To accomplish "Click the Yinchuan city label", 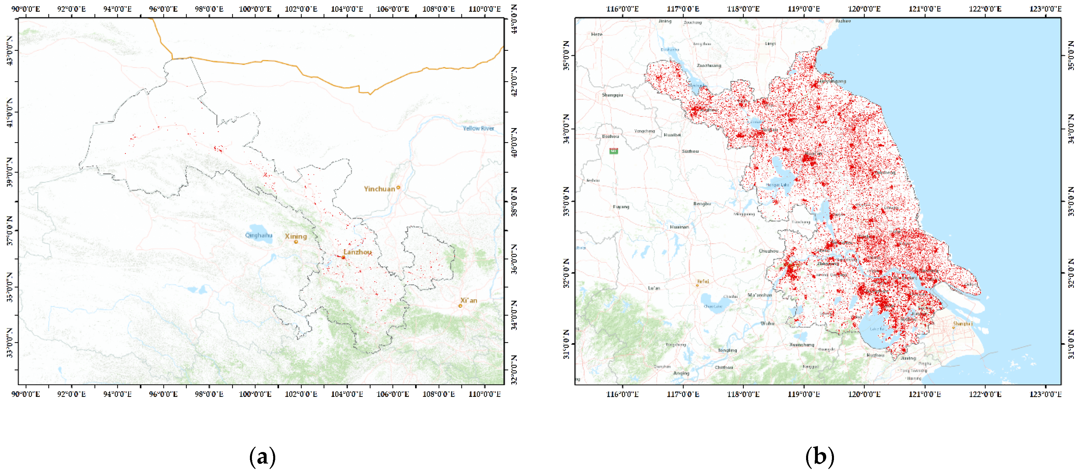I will tap(379, 189).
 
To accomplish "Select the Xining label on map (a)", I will tap(296, 236).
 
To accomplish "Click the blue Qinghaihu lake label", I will tap(259, 235).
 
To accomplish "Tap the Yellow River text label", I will tap(478, 128).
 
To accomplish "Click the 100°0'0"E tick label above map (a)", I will tap(255, 9).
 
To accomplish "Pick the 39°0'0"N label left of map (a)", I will tap(9, 172).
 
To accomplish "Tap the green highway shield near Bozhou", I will tap(614, 151).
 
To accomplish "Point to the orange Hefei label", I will tap(703, 281).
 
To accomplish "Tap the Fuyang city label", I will tap(621, 207).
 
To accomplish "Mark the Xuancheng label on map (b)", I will tap(801, 345).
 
